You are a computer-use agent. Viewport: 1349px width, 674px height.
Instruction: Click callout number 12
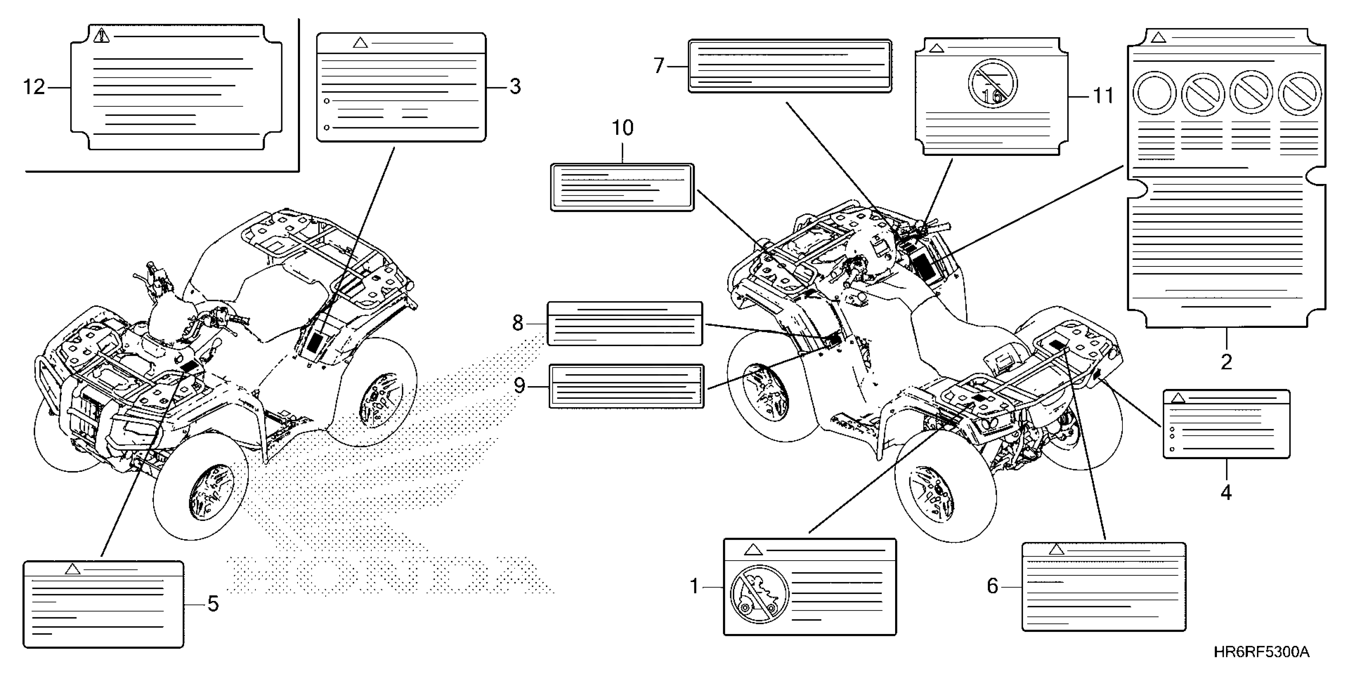coord(35,87)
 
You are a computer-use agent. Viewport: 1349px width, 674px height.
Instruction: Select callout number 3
coord(515,87)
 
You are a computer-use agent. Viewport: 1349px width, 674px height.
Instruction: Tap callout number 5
coord(213,604)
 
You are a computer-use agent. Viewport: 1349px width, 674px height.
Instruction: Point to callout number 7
coord(659,66)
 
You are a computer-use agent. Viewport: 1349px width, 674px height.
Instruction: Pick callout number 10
coord(623,128)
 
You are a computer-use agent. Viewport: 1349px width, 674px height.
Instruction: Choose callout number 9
coord(519,386)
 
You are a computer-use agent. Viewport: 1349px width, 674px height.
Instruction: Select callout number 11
coord(1103,96)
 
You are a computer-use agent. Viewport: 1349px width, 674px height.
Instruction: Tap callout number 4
coord(1226,492)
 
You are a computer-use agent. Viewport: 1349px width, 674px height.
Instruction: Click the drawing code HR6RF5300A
coord(1261,652)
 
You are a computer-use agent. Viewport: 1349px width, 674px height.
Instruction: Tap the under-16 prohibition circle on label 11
coord(992,84)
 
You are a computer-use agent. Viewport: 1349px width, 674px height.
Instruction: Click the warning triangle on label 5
coord(72,569)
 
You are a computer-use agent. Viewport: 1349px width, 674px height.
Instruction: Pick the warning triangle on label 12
coord(102,36)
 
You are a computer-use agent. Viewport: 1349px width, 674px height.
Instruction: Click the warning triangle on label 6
coord(1056,550)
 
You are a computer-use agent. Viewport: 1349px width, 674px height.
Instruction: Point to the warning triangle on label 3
coord(360,43)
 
